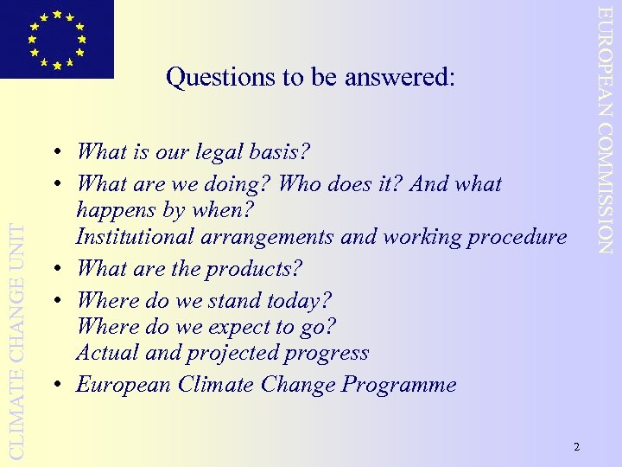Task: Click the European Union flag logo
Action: click(56, 39)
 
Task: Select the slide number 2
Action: click(576, 446)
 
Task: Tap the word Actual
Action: click(105, 353)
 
